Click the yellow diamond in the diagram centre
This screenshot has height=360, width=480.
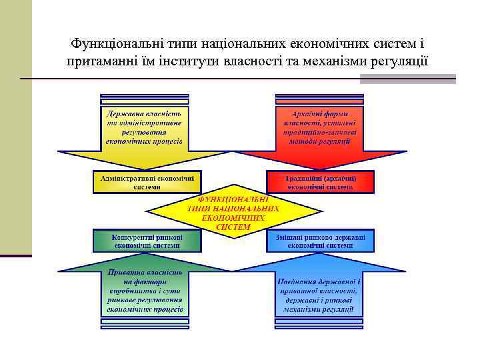click(x=234, y=213)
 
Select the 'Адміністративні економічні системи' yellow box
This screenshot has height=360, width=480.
click(x=147, y=182)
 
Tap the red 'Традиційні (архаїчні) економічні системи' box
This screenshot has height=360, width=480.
click(x=321, y=182)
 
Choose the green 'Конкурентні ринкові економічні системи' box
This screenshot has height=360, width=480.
click(x=147, y=241)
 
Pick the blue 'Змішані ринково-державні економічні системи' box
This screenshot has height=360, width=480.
click(x=321, y=241)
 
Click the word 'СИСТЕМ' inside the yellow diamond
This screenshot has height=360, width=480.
click(x=234, y=227)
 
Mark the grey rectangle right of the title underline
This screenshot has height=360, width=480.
click(x=408, y=79)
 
